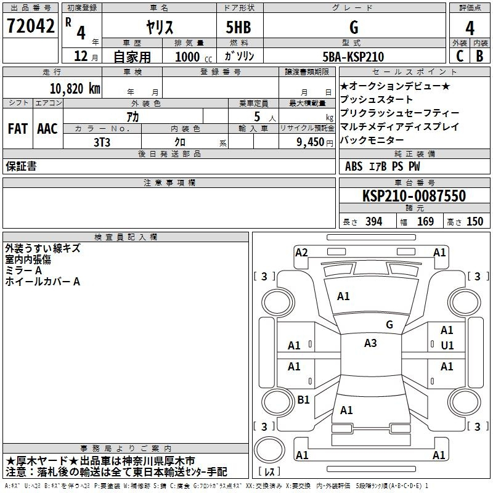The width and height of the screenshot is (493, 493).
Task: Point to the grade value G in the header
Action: click(x=353, y=27)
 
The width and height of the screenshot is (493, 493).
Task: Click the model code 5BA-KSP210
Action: click(x=353, y=57)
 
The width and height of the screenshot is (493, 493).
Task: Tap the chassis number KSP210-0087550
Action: click(x=414, y=196)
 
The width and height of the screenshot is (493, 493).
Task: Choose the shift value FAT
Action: click(x=17, y=129)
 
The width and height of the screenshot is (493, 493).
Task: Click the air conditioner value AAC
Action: click(x=47, y=129)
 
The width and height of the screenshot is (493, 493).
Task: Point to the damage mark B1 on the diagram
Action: click(x=303, y=400)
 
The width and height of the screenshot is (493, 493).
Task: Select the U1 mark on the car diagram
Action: click(x=447, y=346)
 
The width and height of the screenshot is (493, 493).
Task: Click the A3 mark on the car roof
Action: click(x=370, y=343)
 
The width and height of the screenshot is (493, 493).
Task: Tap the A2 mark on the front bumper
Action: click(x=301, y=252)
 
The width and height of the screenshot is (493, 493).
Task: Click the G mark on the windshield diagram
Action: click(x=389, y=324)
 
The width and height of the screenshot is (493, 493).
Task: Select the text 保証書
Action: click(x=21, y=166)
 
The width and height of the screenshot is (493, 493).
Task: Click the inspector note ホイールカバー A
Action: click(x=43, y=282)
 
